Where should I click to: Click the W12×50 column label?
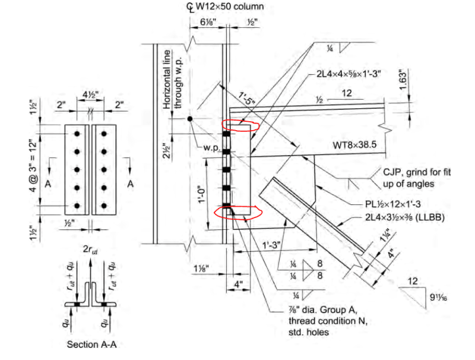click(229, 7)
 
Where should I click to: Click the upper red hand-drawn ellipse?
click(240, 125)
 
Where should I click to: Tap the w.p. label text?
click(211, 147)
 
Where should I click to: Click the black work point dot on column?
click(189, 119)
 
